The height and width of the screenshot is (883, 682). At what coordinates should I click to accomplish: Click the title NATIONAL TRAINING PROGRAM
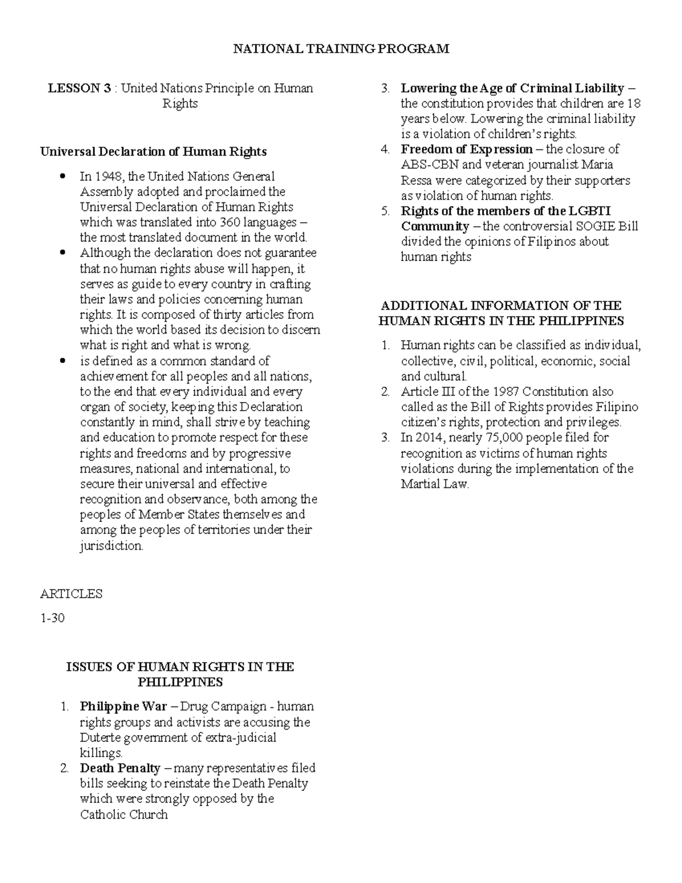coord(341,49)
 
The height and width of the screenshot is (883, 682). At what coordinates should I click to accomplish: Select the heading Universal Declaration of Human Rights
coord(153,152)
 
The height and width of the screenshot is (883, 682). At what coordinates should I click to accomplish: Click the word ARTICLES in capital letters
coord(71,594)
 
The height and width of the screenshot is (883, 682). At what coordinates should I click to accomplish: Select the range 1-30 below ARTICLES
coord(52,618)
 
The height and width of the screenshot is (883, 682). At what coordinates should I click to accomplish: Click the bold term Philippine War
coord(123,707)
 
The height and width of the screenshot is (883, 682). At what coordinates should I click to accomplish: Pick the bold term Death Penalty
coord(120,768)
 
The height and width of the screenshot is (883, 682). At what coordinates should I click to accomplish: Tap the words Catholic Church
coord(124,815)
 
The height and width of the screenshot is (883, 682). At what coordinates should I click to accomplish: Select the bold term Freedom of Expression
coord(467,150)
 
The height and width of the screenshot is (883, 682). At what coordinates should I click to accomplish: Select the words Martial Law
coord(435,484)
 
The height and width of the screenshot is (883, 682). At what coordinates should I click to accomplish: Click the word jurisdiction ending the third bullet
coord(112,546)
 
